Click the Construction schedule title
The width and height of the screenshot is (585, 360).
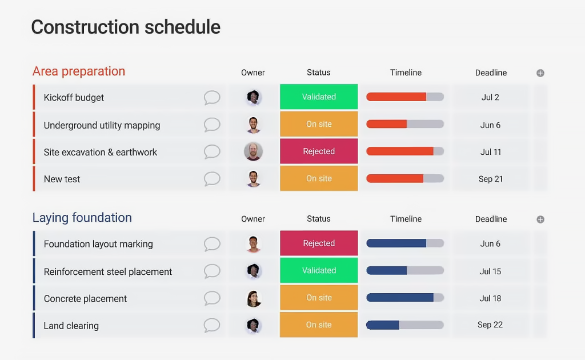(x=126, y=27)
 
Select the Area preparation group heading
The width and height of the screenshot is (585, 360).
(x=79, y=71)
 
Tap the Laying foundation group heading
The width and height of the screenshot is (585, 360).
(x=82, y=218)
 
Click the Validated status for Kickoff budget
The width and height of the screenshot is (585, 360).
(x=319, y=97)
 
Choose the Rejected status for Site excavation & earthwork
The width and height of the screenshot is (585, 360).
(x=319, y=151)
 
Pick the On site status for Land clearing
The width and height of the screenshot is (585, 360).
(x=319, y=325)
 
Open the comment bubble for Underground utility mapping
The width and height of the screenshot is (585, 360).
(x=212, y=125)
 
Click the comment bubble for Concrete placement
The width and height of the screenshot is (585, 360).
(x=212, y=298)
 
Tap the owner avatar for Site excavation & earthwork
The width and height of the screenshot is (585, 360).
(x=253, y=151)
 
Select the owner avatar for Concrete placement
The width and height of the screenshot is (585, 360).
(x=253, y=298)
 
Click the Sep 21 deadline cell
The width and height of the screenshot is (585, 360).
(x=491, y=179)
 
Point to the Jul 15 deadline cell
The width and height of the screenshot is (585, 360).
(x=491, y=271)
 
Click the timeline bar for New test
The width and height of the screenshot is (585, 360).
(x=405, y=179)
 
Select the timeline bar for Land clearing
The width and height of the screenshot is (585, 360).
(x=405, y=325)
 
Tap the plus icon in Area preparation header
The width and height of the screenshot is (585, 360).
(x=540, y=73)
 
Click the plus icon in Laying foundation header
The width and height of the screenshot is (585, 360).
(x=540, y=219)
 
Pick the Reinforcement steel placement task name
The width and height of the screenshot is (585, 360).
(x=108, y=272)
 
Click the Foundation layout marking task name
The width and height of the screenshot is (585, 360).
(x=98, y=244)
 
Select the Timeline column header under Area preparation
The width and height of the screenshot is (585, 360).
(x=406, y=73)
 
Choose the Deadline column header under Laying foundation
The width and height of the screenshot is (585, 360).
(x=491, y=219)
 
